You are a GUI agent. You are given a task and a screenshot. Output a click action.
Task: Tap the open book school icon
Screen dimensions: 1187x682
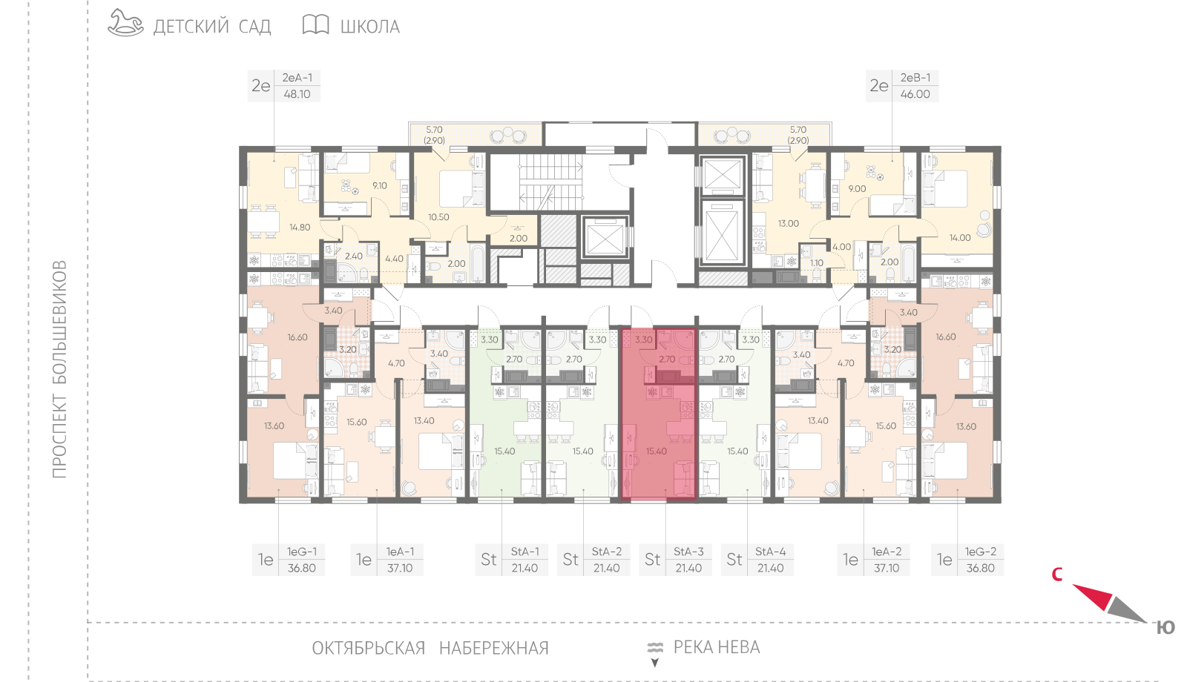click(316, 24)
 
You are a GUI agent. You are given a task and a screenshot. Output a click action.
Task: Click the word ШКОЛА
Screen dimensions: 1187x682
click(370, 27)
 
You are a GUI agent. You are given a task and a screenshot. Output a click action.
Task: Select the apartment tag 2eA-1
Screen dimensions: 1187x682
click(297, 78)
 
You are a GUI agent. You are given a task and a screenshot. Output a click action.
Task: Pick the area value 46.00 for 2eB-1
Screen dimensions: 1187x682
click(915, 94)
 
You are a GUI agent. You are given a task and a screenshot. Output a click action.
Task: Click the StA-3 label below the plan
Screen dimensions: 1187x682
click(688, 552)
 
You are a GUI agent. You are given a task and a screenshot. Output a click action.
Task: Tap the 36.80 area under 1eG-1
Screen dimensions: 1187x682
click(301, 568)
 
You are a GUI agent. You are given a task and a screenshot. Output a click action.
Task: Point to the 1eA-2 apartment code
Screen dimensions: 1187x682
click(887, 552)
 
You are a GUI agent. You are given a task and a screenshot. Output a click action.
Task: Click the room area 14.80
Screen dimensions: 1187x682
click(300, 228)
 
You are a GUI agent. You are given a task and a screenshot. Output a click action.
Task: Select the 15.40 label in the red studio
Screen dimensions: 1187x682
click(656, 451)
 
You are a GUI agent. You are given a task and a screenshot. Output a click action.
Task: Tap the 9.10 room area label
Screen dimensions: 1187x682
click(379, 186)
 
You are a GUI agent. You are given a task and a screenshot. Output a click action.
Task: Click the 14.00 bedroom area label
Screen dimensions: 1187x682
click(960, 238)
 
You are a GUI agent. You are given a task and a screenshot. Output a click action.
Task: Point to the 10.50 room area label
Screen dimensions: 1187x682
click(438, 217)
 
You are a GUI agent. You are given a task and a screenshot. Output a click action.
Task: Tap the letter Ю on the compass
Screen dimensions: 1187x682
click(1165, 628)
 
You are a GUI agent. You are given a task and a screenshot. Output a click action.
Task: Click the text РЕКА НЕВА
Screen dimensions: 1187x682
click(717, 647)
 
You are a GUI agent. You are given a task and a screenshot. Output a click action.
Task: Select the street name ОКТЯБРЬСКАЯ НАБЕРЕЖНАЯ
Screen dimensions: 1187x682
click(430, 648)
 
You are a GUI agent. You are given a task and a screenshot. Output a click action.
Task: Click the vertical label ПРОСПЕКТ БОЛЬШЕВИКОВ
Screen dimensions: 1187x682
click(59, 369)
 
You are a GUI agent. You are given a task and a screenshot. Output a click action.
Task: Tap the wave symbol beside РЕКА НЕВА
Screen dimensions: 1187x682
click(656, 648)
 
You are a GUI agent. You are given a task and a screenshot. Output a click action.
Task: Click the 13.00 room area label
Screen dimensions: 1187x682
click(788, 224)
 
